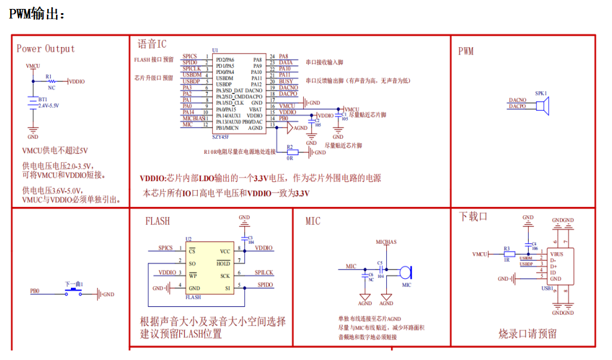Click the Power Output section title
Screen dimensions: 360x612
tap(45, 49)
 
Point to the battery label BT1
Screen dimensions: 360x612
tap(43, 99)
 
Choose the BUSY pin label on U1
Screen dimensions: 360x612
tap(285, 81)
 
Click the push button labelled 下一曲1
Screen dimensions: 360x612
tap(74, 292)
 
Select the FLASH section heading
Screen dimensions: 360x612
tap(157, 221)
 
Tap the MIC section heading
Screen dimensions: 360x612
tap(313, 221)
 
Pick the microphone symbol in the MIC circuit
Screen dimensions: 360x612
tap(405, 272)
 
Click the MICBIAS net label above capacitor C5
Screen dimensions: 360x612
tap(386, 242)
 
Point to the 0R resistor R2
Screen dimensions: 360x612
tap(290, 152)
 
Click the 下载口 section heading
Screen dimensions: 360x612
tap(473, 216)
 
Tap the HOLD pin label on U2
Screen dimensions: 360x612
tap(223, 263)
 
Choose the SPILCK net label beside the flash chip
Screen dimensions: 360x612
tap(264, 272)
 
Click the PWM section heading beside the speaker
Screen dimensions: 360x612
tap(465, 51)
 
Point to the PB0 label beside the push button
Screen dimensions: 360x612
tap(35, 292)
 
